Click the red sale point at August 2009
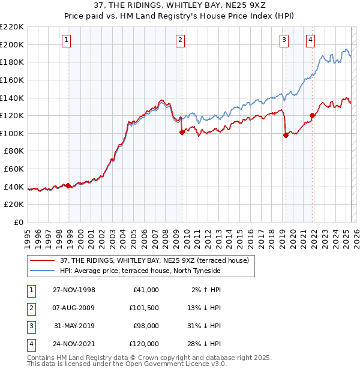(x=182, y=133)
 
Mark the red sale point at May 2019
(x=286, y=136)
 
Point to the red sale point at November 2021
(x=312, y=116)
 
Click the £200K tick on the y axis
(x=12, y=44)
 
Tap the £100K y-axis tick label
(x=12, y=133)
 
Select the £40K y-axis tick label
(x=14, y=187)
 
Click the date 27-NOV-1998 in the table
(x=74, y=290)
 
